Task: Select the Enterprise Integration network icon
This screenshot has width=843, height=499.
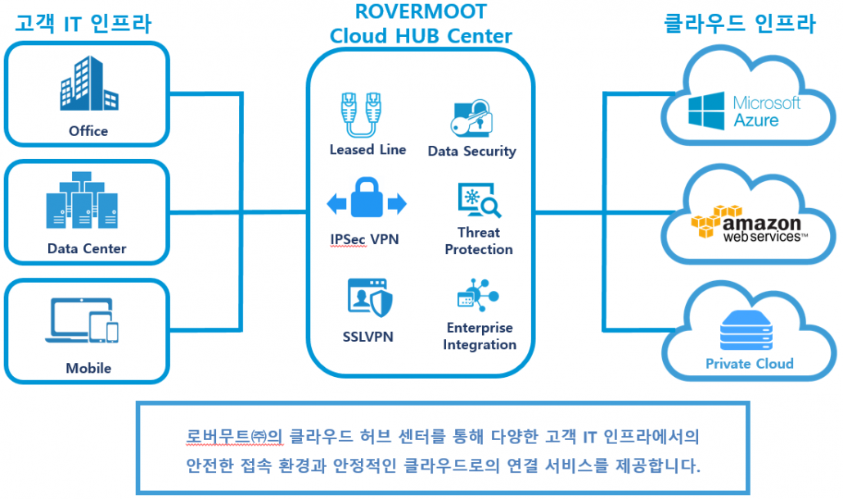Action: coord(478,296)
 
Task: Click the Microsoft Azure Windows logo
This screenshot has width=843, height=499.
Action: coord(706,111)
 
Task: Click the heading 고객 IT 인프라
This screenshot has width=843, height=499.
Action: coord(83,24)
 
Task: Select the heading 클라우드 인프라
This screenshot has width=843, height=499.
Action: coord(739,24)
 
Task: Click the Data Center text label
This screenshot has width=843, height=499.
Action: coord(87,248)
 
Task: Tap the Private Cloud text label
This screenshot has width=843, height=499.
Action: coord(749,363)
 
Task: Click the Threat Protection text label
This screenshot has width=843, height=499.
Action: coord(479,241)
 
